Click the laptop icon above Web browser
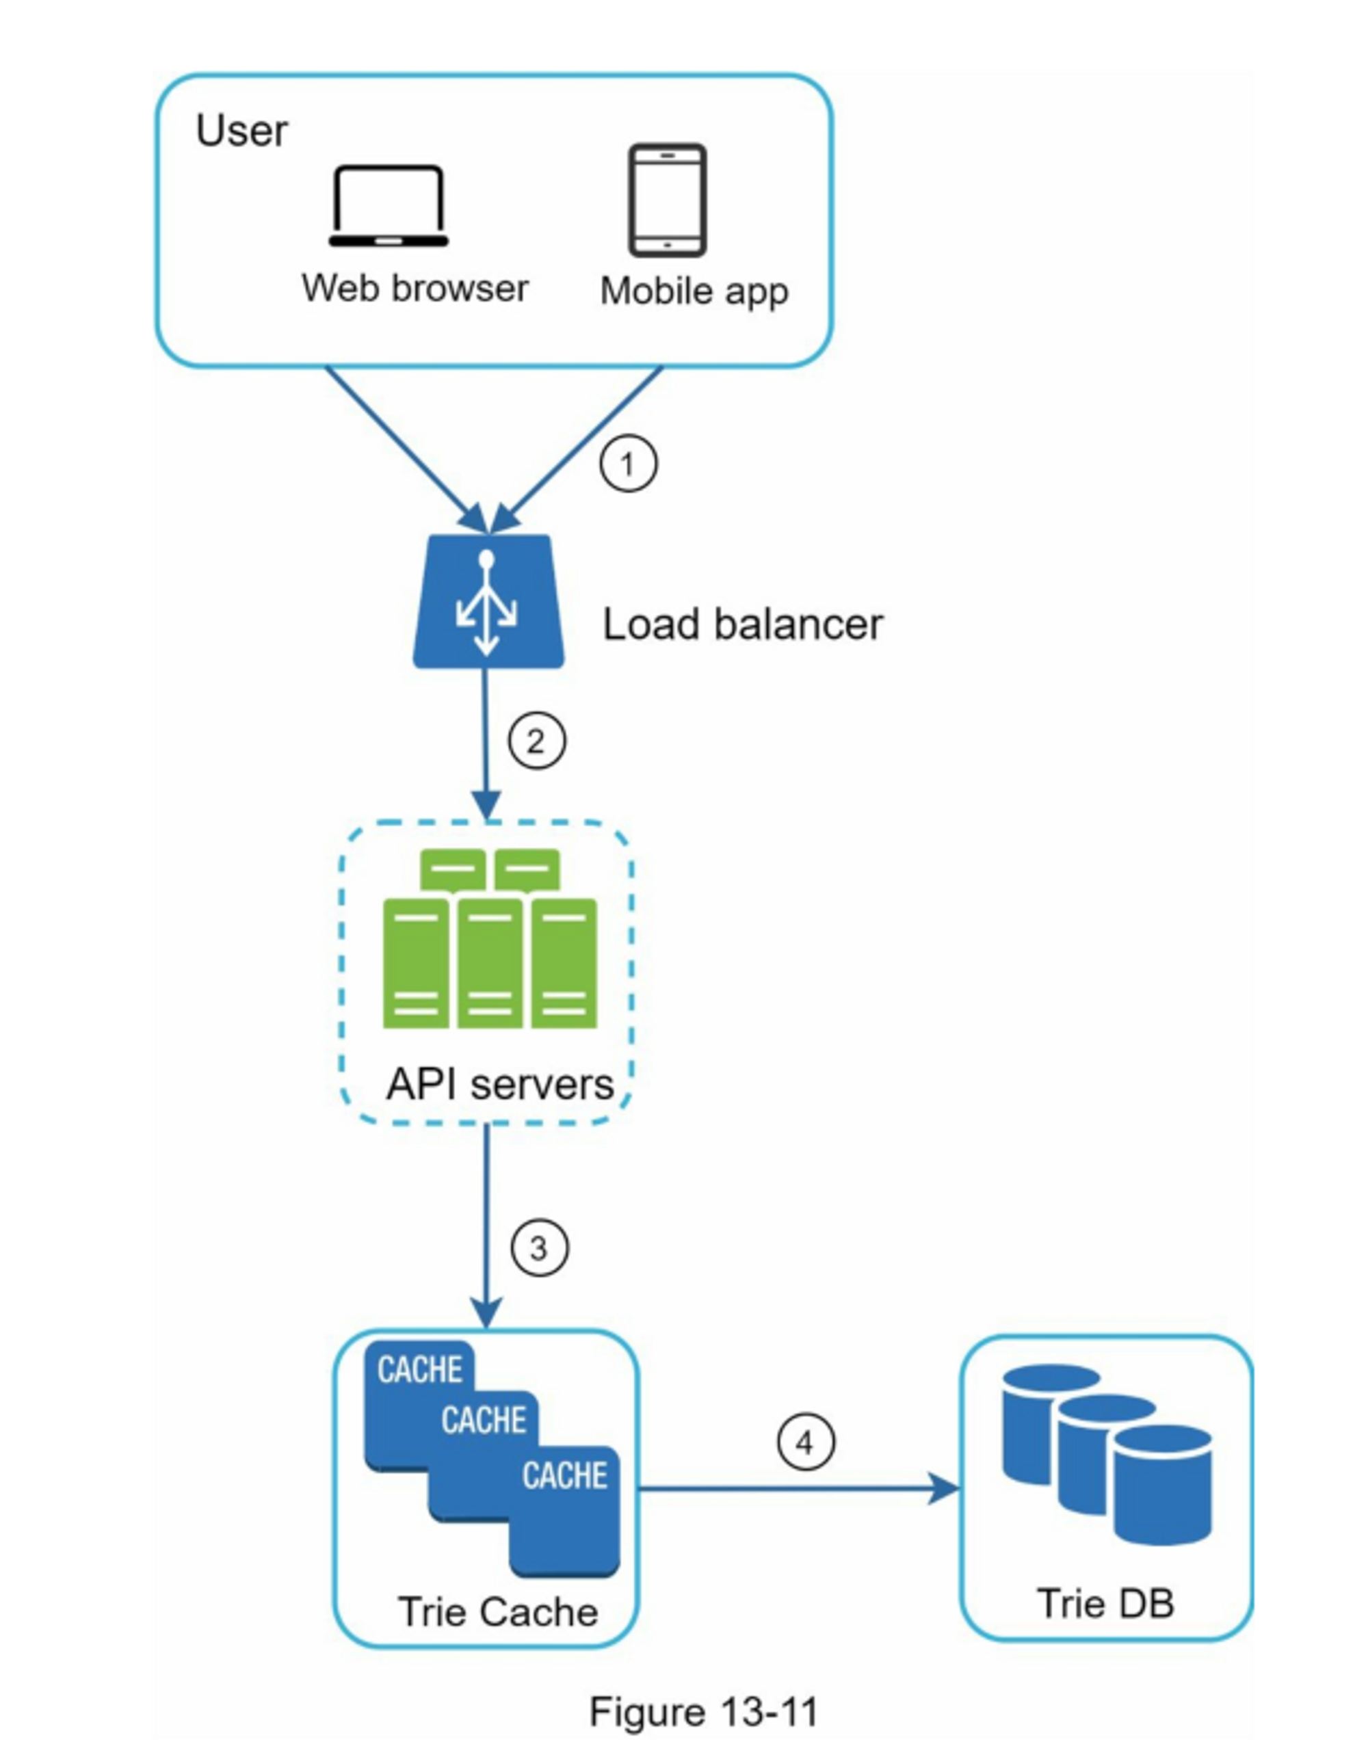click(389, 207)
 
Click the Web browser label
click(415, 288)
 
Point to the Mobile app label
click(694, 291)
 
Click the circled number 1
click(629, 464)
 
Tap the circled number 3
click(540, 1247)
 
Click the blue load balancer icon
click(488, 601)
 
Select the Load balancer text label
click(742, 624)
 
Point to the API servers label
click(500, 1085)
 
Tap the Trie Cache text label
click(498, 1612)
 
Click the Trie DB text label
click(1105, 1604)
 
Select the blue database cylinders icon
click(1106, 1453)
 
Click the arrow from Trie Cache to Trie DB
click(793, 1490)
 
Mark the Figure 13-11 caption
click(703, 1713)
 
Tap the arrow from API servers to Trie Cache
click(486, 1225)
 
